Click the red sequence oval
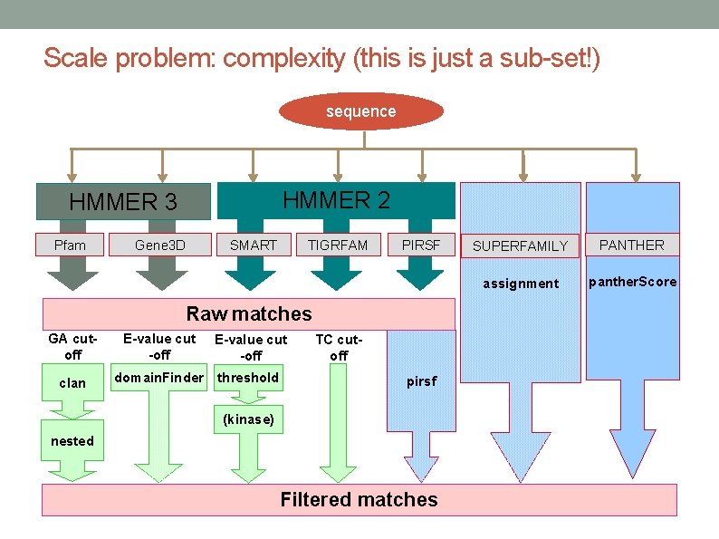pyautogui.click(x=360, y=111)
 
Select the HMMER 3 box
pyautogui.click(x=123, y=202)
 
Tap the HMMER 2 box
pyautogui.click(x=336, y=200)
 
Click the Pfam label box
pyautogui.click(x=70, y=245)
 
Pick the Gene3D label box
pyautogui.click(x=159, y=245)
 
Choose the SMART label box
pyautogui.click(x=253, y=245)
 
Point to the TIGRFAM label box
pyautogui.click(x=338, y=245)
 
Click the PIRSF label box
pyautogui.click(x=420, y=245)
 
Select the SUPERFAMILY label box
pyautogui.click(x=521, y=245)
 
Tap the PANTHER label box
pyautogui.click(x=631, y=245)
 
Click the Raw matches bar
pyautogui.click(x=248, y=314)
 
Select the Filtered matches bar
pyautogui.click(x=359, y=499)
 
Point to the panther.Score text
pyautogui.click(x=632, y=282)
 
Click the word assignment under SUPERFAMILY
pyautogui.click(x=521, y=284)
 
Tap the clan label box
pyautogui.click(x=72, y=382)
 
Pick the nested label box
pyautogui.click(x=72, y=440)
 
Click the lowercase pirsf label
pyautogui.click(x=421, y=381)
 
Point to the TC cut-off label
pyautogui.click(x=338, y=347)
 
